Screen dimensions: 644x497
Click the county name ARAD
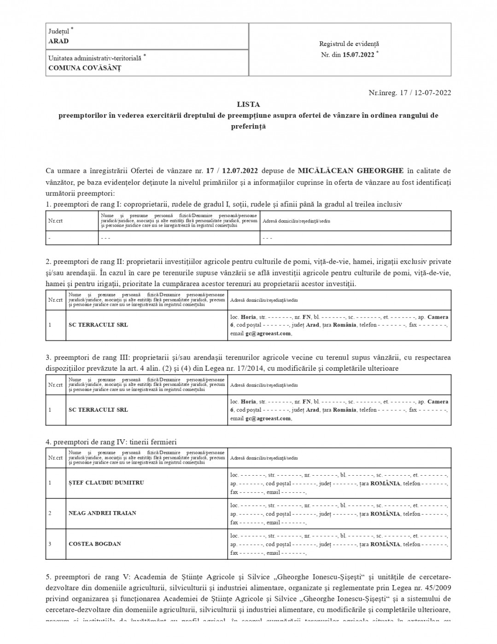point(58,41)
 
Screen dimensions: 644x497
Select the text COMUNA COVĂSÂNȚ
point(85,68)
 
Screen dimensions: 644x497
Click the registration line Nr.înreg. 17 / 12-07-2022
point(410,93)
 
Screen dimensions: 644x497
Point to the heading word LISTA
point(248,105)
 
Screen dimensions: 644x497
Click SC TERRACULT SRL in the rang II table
point(98,325)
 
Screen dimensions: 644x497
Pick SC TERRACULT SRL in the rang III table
point(98,410)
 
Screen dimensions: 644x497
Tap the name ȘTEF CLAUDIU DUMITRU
point(106,483)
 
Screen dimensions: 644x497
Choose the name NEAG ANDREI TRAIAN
point(102,513)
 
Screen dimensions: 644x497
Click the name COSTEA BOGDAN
point(95,544)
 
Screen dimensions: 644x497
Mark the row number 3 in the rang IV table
point(50,544)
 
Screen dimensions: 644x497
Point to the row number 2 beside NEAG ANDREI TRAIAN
point(50,513)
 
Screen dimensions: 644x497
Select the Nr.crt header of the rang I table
point(55,221)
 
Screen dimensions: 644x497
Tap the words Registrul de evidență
point(349,44)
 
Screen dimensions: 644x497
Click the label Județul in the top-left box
point(59,31)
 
